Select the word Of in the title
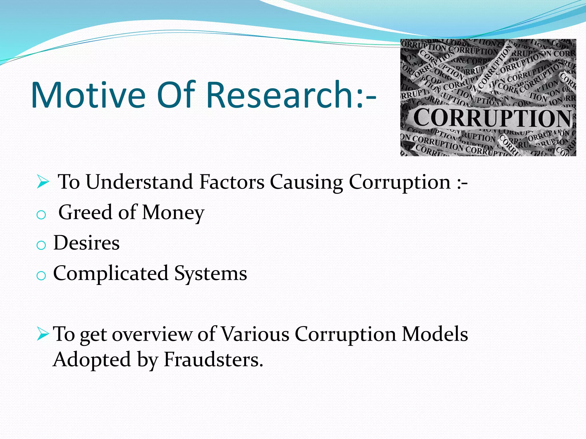pyautogui.click(x=176, y=95)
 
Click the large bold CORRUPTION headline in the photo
pyautogui.click(x=492, y=118)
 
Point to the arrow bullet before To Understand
pyautogui.click(x=43, y=182)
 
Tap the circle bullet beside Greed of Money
pyautogui.click(x=41, y=215)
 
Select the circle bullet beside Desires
pyautogui.click(x=41, y=245)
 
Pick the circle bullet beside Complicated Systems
pyautogui.click(x=41, y=276)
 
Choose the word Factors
pyautogui.click(x=232, y=182)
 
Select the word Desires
pyautogui.click(x=86, y=243)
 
